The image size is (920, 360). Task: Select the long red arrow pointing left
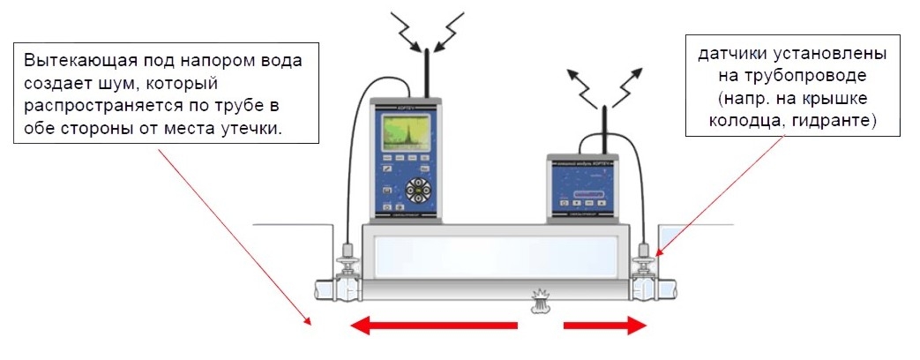(x=433, y=326)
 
